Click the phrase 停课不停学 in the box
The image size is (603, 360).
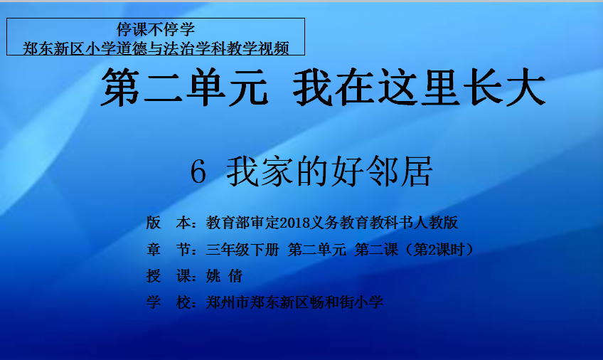(x=156, y=29)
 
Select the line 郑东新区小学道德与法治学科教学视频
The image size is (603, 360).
(x=156, y=48)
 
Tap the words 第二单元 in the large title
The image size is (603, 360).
(x=185, y=87)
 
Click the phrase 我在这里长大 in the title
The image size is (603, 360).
(x=420, y=87)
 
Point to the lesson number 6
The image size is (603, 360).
(x=198, y=172)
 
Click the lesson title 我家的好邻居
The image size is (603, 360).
(x=329, y=171)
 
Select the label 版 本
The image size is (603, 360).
(x=169, y=223)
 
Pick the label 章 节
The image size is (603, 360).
(x=169, y=250)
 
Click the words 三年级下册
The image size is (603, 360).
(x=242, y=250)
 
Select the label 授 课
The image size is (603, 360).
(x=169, y=276)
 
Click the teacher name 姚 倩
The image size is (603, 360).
(x=224, y=276)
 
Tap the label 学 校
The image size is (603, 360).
(x=169, y=302)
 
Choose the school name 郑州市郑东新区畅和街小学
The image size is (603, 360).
(x=294, y=302)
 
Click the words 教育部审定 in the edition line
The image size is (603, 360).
(x=243, y=223)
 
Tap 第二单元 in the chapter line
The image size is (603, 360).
(x=317, y=250)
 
